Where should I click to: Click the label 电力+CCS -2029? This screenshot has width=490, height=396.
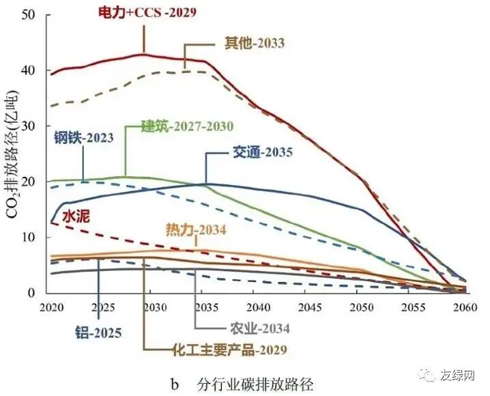(147, 13)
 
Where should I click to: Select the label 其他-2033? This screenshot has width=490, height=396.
(255, 43)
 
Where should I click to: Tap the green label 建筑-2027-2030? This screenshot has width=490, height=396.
(187, 126)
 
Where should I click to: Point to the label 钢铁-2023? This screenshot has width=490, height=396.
(83, 137)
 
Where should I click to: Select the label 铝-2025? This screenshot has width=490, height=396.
(98, 333)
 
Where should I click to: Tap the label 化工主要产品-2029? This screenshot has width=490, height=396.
(229, 350)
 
